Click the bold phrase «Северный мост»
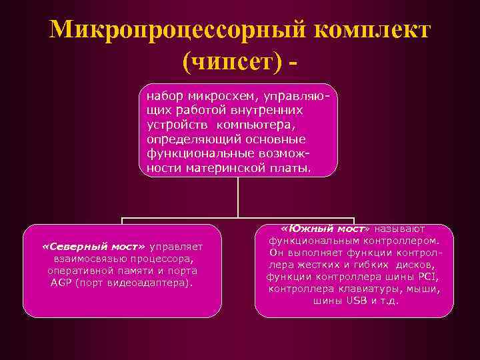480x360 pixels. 93,247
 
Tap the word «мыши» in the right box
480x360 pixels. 426,289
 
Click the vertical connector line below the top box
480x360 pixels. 238,197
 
